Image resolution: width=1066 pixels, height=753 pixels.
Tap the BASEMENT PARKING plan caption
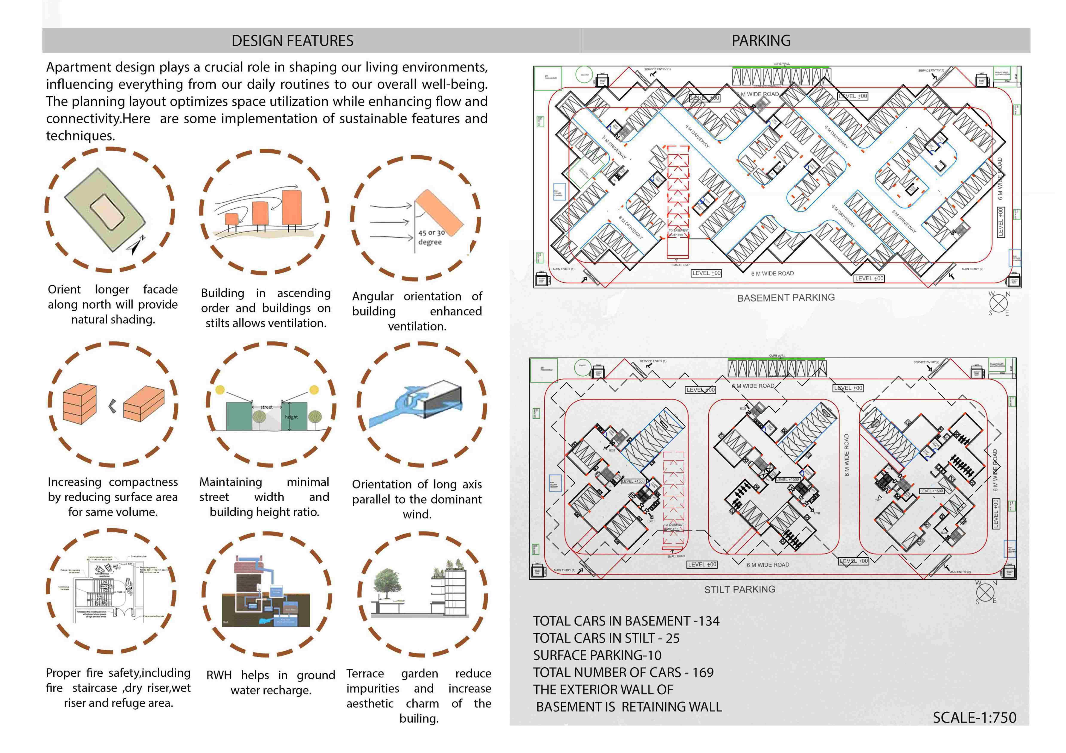coord(785,297)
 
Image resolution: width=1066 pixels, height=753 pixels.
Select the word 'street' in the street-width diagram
coord(267,407)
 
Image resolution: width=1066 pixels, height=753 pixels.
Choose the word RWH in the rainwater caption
coord(219,675)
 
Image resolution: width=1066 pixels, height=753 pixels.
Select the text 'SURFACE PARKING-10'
coord(597,655)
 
